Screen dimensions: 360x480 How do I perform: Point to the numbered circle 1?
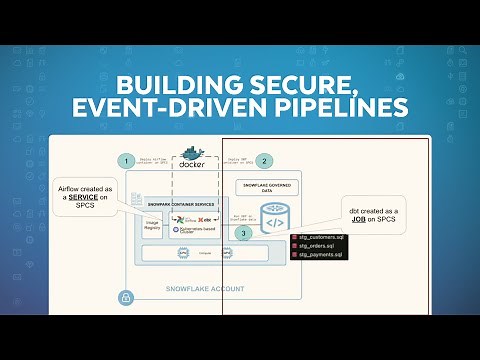126,160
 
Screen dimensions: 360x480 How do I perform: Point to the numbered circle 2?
264,160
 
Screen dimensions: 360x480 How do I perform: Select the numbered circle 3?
241,232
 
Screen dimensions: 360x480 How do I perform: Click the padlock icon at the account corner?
126,297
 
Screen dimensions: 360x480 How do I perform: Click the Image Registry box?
154,226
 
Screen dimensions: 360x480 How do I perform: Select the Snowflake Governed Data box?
263,186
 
